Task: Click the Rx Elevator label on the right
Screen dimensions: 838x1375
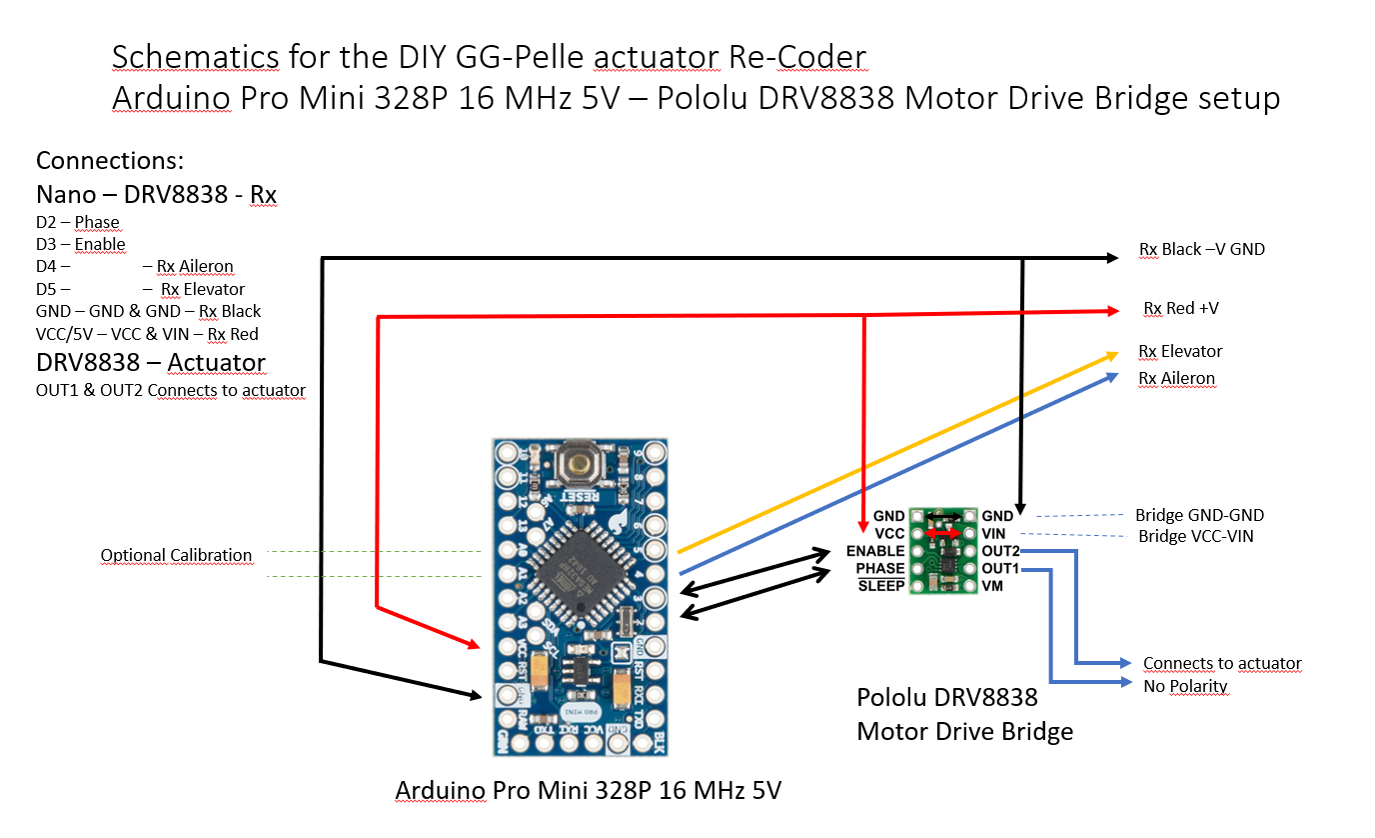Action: (1180, 352)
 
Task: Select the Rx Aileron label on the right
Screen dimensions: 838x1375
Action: (1176, 379)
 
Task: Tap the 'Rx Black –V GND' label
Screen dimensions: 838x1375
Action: (1201, 249)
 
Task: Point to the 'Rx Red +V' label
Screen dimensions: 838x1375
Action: (1180, 308)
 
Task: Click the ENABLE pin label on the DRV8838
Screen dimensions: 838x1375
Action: (875, 551)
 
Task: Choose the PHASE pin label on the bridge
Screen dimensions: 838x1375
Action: (879, 568)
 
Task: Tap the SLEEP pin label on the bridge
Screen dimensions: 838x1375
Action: (881, 585)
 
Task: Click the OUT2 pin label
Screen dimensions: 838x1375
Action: (1000, 551)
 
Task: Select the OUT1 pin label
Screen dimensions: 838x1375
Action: (1000, 568)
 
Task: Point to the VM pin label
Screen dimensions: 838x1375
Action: (993, 585)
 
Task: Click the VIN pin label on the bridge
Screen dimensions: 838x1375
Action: (994, 534)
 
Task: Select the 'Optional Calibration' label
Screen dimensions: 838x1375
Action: (176, 555)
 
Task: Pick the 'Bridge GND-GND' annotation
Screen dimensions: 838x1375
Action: (1199, 516)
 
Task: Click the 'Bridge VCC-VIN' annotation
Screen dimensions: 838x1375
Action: (1196, 537)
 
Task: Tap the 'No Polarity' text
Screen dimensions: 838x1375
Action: (1185, 686)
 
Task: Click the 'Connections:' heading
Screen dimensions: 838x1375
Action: (110, 161)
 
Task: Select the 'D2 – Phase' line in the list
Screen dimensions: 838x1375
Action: (77, 222)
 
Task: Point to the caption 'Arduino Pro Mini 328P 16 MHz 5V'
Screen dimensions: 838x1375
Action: (588, 791)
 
